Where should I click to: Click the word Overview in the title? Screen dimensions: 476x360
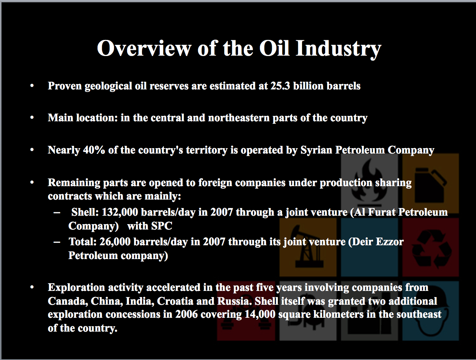click(144, 48)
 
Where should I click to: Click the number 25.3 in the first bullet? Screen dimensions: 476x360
click(280, 86)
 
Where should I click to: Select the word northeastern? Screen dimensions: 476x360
click(238, 118)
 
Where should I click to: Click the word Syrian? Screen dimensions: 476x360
click(316, 150)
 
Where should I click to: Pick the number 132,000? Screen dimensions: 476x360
click(120, 212)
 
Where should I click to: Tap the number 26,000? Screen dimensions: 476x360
click(115, 242)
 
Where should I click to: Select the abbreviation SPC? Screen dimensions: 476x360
click(161, 226)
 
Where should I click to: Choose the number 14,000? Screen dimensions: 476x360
click(260, 314)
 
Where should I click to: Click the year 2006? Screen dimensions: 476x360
click(187, 314)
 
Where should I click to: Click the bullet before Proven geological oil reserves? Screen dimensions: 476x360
click(32, 86)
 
